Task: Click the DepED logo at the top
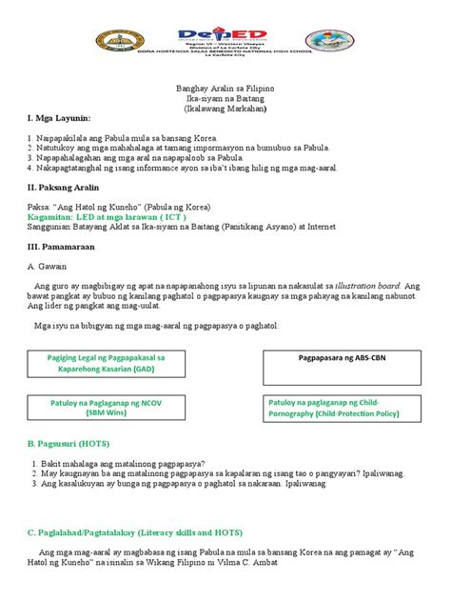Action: point(226,34)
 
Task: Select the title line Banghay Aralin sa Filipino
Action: point(226,88)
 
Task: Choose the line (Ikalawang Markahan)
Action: point(226,109)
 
